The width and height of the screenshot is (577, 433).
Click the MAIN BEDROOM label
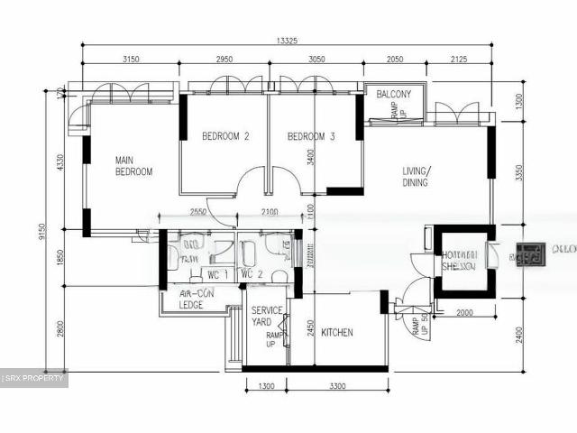tap(133, 166)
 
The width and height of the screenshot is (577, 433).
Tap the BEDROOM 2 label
tap(225, 137)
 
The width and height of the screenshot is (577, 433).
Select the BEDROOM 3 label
tap(311, 137)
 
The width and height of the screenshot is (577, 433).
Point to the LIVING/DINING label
tap(416, 177)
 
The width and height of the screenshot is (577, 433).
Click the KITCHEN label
tap(337, 332)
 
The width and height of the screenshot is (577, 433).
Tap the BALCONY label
tap(394, 95)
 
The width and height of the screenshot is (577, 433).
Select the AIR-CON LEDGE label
tap(190, 299)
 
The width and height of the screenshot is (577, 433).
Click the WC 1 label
tap(217, 274)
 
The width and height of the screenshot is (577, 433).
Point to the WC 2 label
tap(252, 274)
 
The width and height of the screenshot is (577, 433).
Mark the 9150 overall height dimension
tap(42, 233)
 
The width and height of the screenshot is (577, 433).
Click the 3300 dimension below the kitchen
tap(336, 386)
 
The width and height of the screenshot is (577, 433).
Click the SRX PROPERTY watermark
tap(34, 378)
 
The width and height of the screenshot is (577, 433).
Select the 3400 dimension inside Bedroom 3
tap(310, 162)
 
